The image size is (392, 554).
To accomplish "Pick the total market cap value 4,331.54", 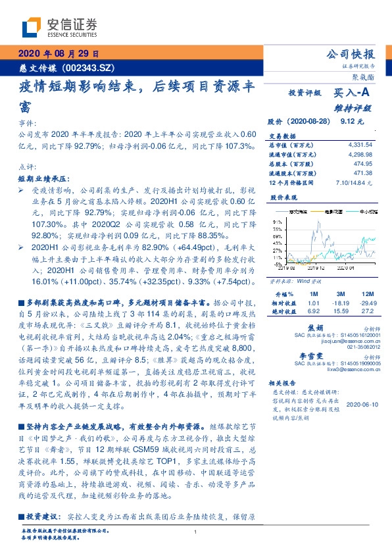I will [360, 144].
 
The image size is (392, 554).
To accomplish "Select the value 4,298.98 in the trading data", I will [360, 153].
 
